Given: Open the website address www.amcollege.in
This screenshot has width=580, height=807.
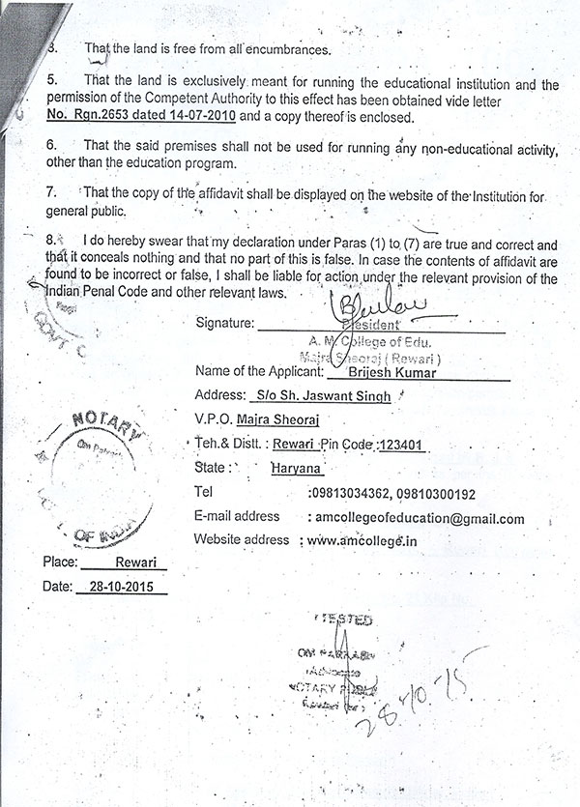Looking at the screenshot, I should [362, 541].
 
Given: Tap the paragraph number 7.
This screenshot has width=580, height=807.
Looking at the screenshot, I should [50, 192].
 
